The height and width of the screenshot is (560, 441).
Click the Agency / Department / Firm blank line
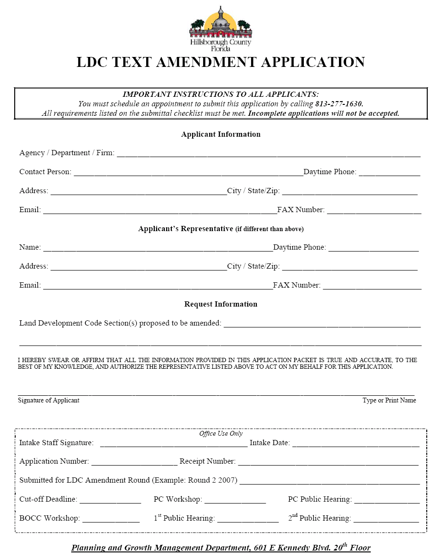tap(268, 154)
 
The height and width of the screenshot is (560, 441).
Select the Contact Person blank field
tap(188, 173)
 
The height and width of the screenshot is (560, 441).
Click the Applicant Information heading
tap(221, 134)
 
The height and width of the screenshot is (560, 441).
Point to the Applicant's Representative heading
tap(221, 229)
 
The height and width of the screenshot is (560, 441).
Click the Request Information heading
tap(221, 304)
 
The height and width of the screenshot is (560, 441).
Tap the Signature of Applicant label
tap(48, 401)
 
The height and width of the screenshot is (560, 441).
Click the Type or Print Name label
tap(389, 401)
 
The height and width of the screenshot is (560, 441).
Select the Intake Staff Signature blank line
tap(174, 444)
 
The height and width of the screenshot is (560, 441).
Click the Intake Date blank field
tap(356, 444)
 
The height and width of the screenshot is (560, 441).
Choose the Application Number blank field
tap(134, 462)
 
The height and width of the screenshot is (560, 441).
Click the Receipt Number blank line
tap(328, 462)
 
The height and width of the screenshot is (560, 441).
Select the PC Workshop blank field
tap(235, 500)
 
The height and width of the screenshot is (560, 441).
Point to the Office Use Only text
tap(221, 434)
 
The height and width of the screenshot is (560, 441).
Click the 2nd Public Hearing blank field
tap(386, 519)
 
